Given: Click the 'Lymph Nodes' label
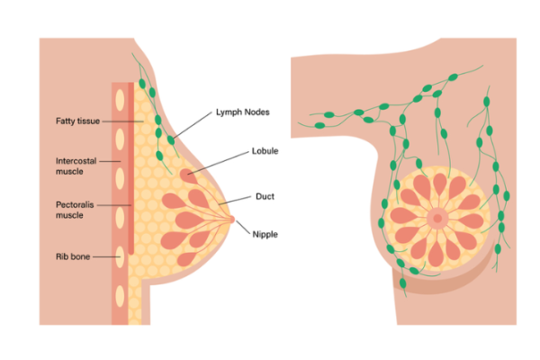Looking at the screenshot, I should click(x=243, y=112).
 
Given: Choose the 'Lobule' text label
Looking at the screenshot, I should click(x=267, y=152).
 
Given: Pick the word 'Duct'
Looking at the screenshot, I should click(x=265, y=195).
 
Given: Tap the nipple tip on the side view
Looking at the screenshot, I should click(x=231, y=218).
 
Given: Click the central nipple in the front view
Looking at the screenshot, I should click(x=438, y=218).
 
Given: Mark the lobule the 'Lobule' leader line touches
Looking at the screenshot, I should click(x=189, y=173).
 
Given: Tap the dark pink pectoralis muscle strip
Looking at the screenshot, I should click(x=132, y=180).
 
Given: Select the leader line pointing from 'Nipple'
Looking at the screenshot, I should click(x=245, y=228).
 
